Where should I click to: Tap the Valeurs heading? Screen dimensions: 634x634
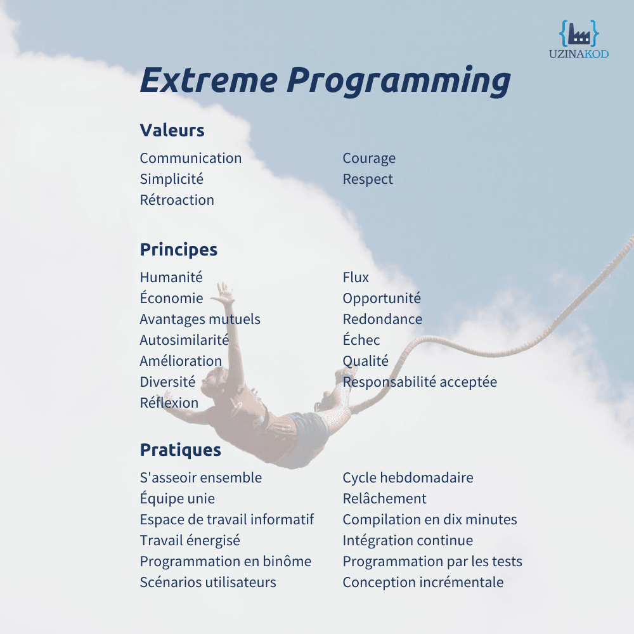pyautogui.click(x=172, y=131)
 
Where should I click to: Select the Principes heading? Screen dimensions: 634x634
pyautogui.click(x=178, y=250)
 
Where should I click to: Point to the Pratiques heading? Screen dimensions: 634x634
pyautogui.click(x=180, y=450)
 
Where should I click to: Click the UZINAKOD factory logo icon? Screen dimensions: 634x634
pyautogui.click(x=579, y=34)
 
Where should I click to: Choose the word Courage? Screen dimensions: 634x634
pyautogui.click(x=369, y=158)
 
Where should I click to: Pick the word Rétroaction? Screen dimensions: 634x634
pyautogui.click(x=177, y=200)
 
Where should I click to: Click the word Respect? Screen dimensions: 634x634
pyautogui.click(x=368, y=179)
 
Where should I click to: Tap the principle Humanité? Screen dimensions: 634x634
pyautogui.click(x=171, y=278)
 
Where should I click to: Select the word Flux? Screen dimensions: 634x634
pyautogui.click(x=356, y=278)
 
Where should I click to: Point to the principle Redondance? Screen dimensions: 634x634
pyautogui.click(x=382, y=320)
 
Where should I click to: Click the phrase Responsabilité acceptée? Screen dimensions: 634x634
pyautogui.click(x=420, y=382)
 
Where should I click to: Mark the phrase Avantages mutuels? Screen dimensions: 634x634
pyautogui.click(x=200, y=320)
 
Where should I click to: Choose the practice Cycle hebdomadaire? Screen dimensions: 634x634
pyautogui.click(x=408, y=478)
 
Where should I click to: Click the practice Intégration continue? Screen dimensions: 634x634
pyautogui.click(x=408, y=541)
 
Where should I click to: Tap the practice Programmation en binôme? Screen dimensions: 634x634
pyautogui.click(x=225, y=562)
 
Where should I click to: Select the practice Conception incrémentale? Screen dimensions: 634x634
pyautogui.click(x=423, y=583)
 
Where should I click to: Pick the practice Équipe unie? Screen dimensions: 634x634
pyautogui.click(x=177, y=499)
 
